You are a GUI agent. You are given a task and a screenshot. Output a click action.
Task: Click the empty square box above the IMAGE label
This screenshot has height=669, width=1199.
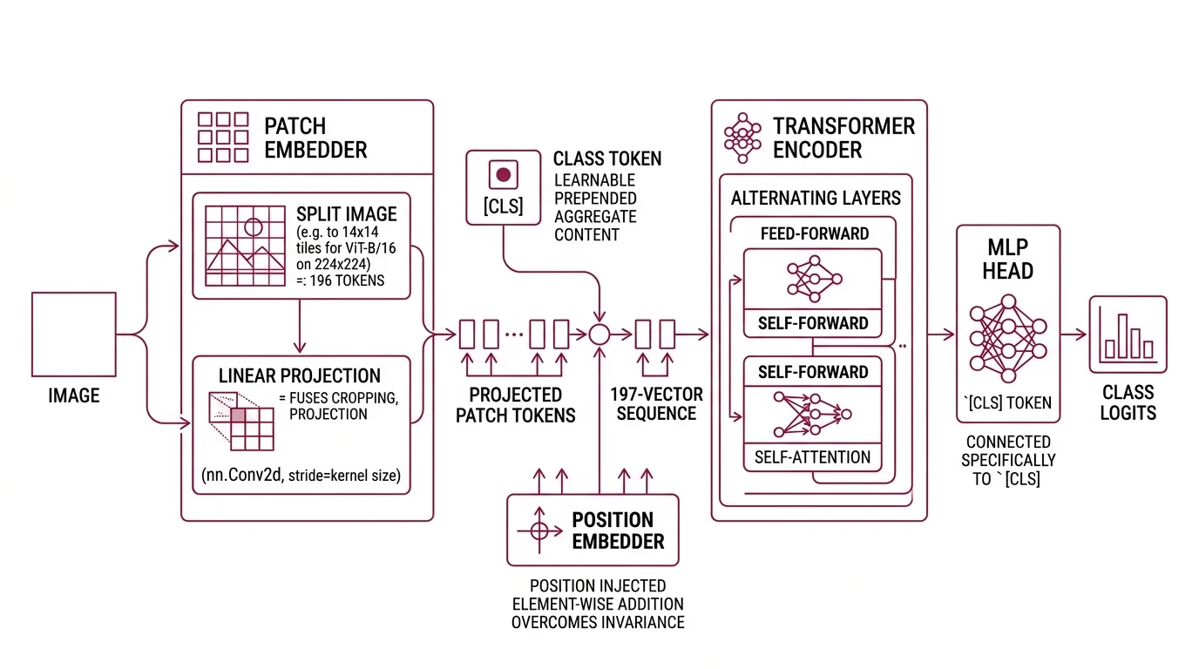pyautogui.click(x=74, y=334)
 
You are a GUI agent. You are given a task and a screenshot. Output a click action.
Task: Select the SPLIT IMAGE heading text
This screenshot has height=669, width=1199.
pyautogui.click(x=346, y=214)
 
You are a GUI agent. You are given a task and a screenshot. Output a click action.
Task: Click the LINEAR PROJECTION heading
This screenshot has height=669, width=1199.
pyautogui.click(x=300, y=376)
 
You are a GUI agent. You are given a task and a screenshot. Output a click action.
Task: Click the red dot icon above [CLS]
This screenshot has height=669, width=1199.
pyautogui.click(x=503, y=174)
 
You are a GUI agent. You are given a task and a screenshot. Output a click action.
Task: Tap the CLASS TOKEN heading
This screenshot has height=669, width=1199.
pyautogui.click(x=607, y=159)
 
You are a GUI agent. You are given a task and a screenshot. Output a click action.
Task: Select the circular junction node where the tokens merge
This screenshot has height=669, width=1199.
pyautogui.click(x=599, y=334)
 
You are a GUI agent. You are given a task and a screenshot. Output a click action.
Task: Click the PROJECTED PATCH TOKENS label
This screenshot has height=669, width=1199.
pyautogui.click(x=516, y=405)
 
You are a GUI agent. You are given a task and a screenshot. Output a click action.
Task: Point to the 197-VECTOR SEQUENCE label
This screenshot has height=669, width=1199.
pyautogui.click(x=656, y=404)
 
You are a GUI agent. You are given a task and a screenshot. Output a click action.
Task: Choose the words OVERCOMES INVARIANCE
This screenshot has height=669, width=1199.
pyautogui.click(x=597, y=622)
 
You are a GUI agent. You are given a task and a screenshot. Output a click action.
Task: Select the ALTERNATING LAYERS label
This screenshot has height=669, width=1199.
pyautogui.click(x=816, y=198)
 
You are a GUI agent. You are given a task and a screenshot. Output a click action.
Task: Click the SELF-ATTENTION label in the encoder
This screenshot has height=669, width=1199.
pyautogui.click(x=812, y=456)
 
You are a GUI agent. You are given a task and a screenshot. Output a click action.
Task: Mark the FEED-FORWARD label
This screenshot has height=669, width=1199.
pyautogui.click(x=814, y=234)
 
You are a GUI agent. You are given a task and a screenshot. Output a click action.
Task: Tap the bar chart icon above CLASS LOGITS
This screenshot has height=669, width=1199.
pyautogui.click(x=1128, y=334)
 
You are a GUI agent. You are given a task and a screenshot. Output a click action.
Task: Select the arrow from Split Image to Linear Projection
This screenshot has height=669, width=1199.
pyautogui.click(x=300, y=327)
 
